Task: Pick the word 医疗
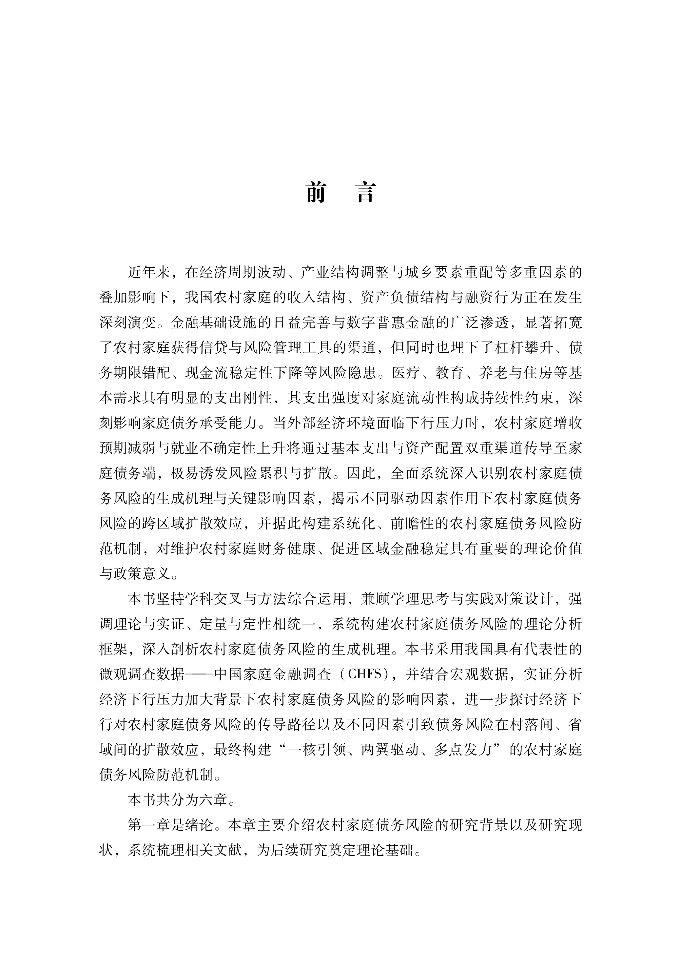406,373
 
